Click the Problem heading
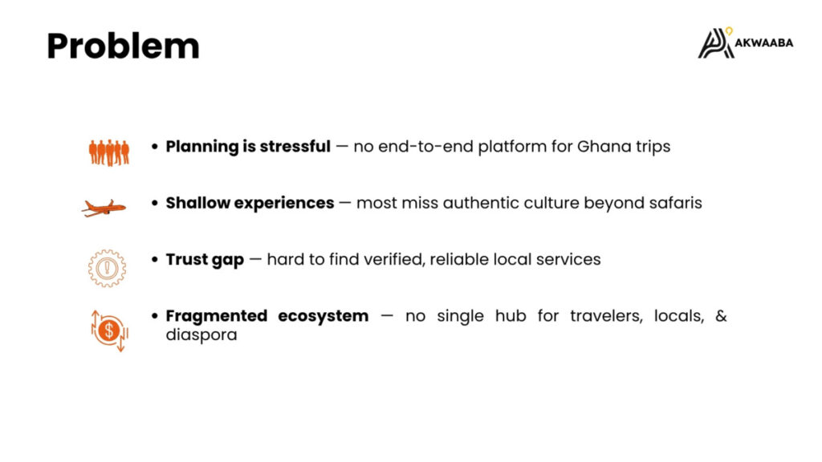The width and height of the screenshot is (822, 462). [123, 46]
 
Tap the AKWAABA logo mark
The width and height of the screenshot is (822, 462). [715, 43]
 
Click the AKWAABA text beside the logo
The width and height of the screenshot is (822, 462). [764, 43]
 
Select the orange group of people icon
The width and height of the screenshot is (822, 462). [109, 153]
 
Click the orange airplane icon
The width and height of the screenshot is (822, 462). [104, 208]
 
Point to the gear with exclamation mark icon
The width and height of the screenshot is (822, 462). [107, 268]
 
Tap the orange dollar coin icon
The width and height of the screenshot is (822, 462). [109, 330]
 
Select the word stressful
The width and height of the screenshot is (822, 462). [295, 146]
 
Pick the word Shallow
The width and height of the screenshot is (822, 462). [197, 203]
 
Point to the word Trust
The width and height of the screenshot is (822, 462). [186, 259]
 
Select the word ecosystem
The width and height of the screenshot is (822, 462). [323, 317]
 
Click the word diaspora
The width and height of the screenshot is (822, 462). [201, 334]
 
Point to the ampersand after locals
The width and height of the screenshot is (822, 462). [721, 316]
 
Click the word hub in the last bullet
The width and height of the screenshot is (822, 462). [511, 316]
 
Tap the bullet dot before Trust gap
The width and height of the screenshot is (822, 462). [155, 259]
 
